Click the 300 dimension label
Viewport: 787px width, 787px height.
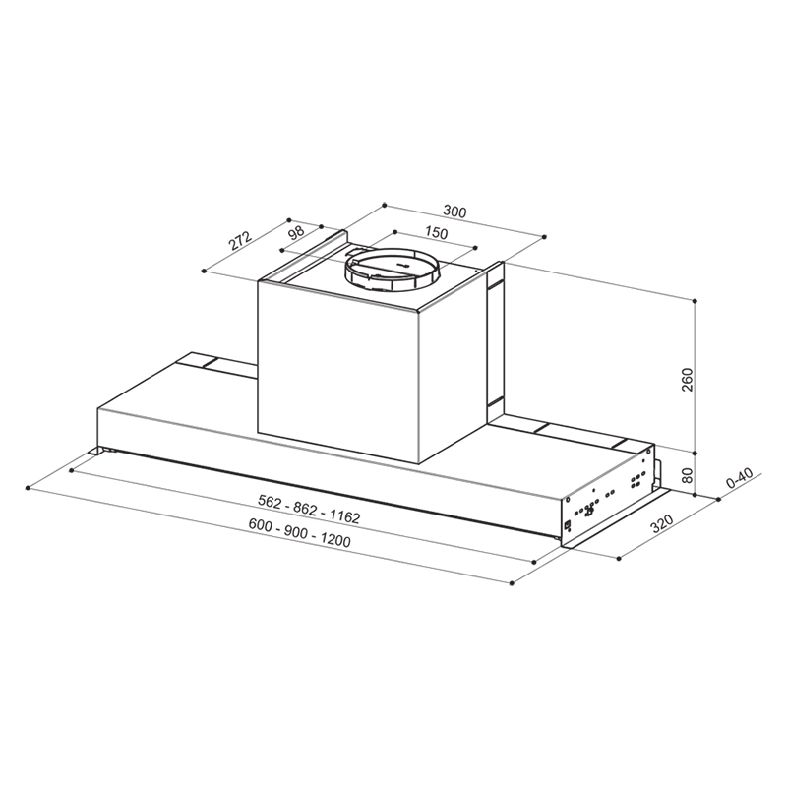[454, 212]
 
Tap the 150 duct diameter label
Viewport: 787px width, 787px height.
[436, 233]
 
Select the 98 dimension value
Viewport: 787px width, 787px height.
[297, 233]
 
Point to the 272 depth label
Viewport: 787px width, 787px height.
[240, 241]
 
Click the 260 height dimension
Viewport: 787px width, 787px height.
[687, 380]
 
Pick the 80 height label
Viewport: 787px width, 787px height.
[687, 475]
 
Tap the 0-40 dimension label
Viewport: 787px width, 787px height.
[740, 478]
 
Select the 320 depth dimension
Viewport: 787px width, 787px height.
[661, 523]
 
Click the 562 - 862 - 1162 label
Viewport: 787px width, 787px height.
[309, 509]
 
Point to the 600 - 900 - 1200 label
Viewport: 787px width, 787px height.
[300, 532]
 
